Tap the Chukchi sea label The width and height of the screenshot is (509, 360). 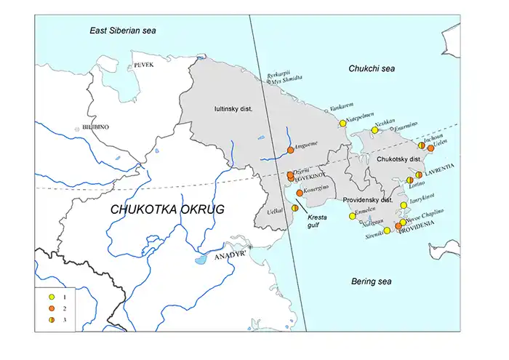pos(371,67)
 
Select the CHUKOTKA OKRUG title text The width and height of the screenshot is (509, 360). pos(167,209)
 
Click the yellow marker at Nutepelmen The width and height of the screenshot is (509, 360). pos(342,124)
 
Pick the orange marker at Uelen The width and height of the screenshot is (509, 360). pos(430,148)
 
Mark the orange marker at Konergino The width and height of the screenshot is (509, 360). pos(300,193)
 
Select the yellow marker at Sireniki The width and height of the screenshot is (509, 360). pos(387,231)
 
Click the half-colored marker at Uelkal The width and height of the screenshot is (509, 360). pos(294,209)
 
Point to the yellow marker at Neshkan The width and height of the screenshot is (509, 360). pos(374,130)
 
